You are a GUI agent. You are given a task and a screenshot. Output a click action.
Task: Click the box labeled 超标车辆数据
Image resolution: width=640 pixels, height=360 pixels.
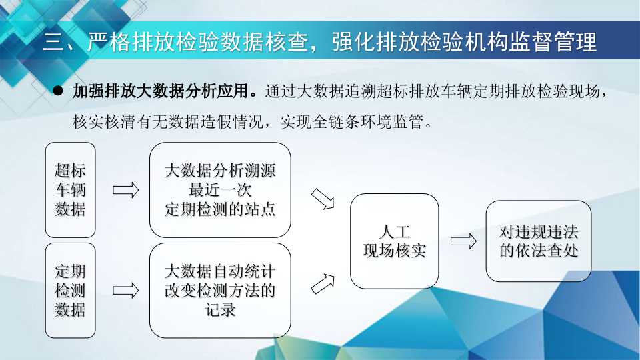click(70, 190)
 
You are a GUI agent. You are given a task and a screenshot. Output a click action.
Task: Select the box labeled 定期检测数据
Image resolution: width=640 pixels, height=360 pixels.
click(70, 290)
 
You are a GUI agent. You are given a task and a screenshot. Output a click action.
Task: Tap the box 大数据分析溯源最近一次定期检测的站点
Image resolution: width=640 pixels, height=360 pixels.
click(220, 190)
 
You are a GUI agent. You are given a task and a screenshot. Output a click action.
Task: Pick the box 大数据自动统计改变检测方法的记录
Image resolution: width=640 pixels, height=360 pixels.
click(220, 290)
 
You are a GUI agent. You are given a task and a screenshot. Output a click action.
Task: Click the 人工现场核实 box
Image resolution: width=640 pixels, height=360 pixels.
click(394, 241)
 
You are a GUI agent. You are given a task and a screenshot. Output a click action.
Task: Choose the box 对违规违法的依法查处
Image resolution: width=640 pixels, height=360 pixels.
click(539, 241)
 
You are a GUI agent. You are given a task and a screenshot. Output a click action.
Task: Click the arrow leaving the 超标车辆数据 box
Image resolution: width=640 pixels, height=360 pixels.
click(126, 190)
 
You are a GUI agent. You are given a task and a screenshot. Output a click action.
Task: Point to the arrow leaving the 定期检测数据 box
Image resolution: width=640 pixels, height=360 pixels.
click(126, 291)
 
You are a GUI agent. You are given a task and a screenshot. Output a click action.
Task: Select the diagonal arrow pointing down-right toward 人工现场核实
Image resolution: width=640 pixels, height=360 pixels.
click(323, 199)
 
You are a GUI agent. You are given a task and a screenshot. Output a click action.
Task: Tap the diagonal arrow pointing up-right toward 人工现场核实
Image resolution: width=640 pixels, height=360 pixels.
click(323, 284)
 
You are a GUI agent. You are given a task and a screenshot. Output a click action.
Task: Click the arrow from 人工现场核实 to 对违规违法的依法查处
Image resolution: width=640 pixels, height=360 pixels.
click(463, 241)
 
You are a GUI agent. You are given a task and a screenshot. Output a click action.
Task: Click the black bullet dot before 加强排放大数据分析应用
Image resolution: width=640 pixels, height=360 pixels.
click(59, 91)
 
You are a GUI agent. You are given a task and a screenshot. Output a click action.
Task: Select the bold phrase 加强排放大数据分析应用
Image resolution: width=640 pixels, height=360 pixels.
click(161, 91)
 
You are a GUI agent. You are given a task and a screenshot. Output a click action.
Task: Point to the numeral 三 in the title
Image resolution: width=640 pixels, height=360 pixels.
click(53, 42)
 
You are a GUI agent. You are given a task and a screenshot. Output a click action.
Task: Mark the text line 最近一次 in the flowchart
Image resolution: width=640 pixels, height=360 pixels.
click(220, 190)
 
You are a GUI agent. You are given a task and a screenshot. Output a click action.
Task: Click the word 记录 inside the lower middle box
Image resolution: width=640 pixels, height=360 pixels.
click(220, 310)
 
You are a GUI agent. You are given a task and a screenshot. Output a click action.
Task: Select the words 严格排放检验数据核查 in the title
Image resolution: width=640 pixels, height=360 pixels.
click(198, 42)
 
